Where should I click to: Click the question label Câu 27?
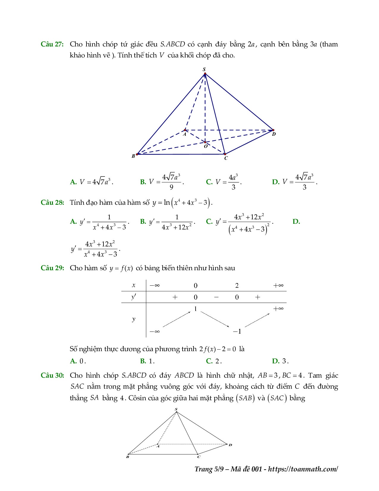(x=52, y=44)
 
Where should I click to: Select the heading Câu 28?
(x=52, y=202)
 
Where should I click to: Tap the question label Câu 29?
(x=52, y=268)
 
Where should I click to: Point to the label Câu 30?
(x=52, y=375)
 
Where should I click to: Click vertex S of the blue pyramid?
(x=205, y=73)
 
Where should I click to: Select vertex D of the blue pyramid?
(x=273, y=130)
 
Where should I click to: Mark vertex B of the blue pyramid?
(x=137, y=154)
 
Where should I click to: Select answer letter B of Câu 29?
(x=143, y=361)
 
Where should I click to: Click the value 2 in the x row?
(x=237, y=286)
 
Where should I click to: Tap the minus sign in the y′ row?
(x=216, y=297)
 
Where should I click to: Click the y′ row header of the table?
(x=134, y=297)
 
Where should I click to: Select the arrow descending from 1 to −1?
(x=216, y=320)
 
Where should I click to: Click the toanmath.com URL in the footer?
(x=303, y=469)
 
